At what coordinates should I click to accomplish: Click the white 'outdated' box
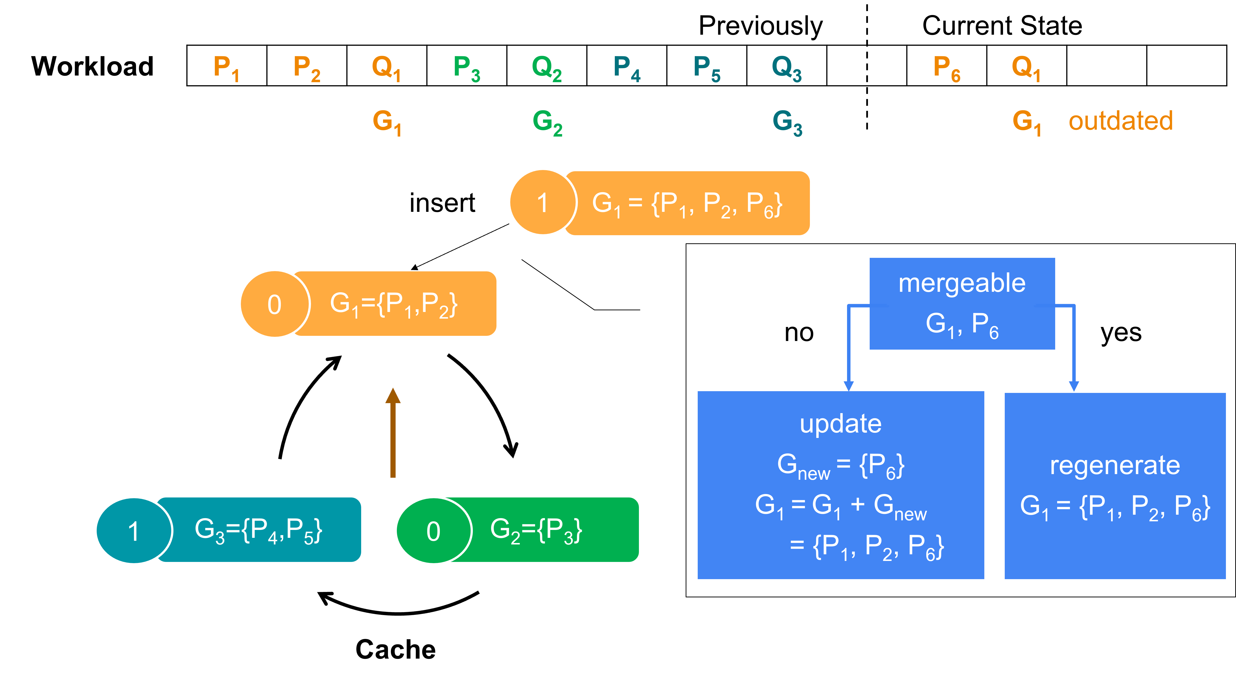click(1121, 121)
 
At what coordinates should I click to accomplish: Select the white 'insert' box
click(442, 203)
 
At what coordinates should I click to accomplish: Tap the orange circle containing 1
click(542, 202)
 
